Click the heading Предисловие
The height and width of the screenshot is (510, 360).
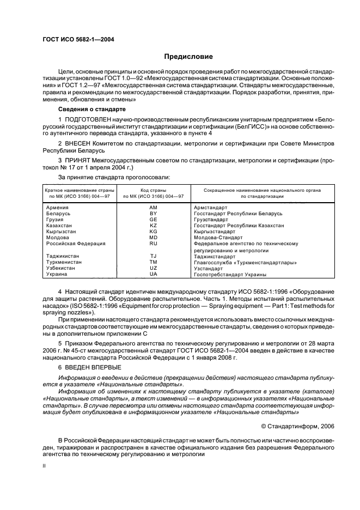(x=189, y=56)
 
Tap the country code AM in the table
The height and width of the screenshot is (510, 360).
(x=153, y=208)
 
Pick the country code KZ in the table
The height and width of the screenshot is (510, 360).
(x=153, y=225)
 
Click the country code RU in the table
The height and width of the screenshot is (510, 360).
(x=153, y=244)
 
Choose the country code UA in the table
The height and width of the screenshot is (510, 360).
(x=153, y=274)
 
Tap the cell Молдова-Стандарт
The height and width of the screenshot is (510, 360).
(x=218, y=238)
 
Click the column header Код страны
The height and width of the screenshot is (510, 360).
(x=153, y=190)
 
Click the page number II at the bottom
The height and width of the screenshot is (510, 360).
(x=45, y=466)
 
